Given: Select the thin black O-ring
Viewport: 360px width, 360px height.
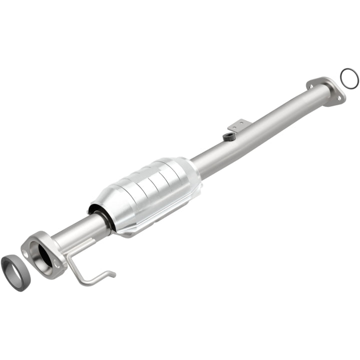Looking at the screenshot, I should [348, 77].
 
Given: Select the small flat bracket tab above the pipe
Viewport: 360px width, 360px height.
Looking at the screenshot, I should [237, 124].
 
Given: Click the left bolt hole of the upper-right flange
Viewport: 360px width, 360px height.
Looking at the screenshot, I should [312, 84].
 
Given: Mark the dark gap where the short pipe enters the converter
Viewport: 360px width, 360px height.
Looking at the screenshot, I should [106, 220].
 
